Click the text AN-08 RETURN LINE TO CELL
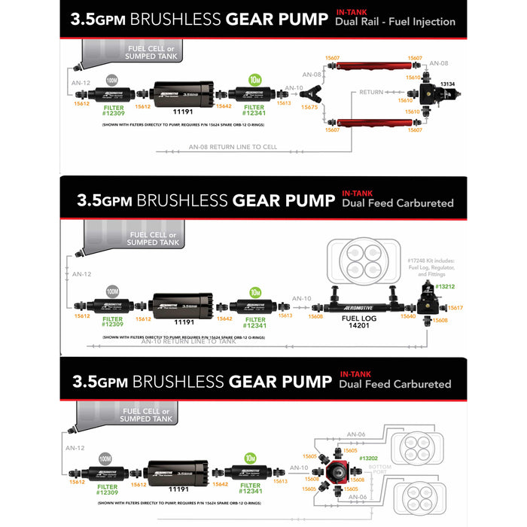[233, 147]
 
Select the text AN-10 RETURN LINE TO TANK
[189, 341]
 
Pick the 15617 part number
[455, 308]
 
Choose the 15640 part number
[407, 316]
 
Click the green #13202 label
[369, 458]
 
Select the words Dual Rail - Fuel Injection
[395, 22]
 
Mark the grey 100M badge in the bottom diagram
[105, 457]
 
